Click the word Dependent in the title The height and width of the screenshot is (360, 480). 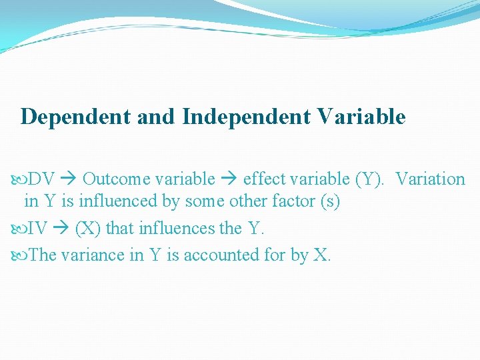pos(75,117)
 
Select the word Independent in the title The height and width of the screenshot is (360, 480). pos(246,117)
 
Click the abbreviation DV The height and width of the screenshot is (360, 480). pos(42,179)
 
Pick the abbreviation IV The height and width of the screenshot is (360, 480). pos(37,229)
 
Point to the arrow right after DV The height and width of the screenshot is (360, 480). pos(69,179)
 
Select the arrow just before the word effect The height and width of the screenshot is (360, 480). pos(229,179)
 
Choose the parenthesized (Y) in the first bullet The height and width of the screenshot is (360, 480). pos(369,179)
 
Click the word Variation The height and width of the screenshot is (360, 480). pos(431,179)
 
